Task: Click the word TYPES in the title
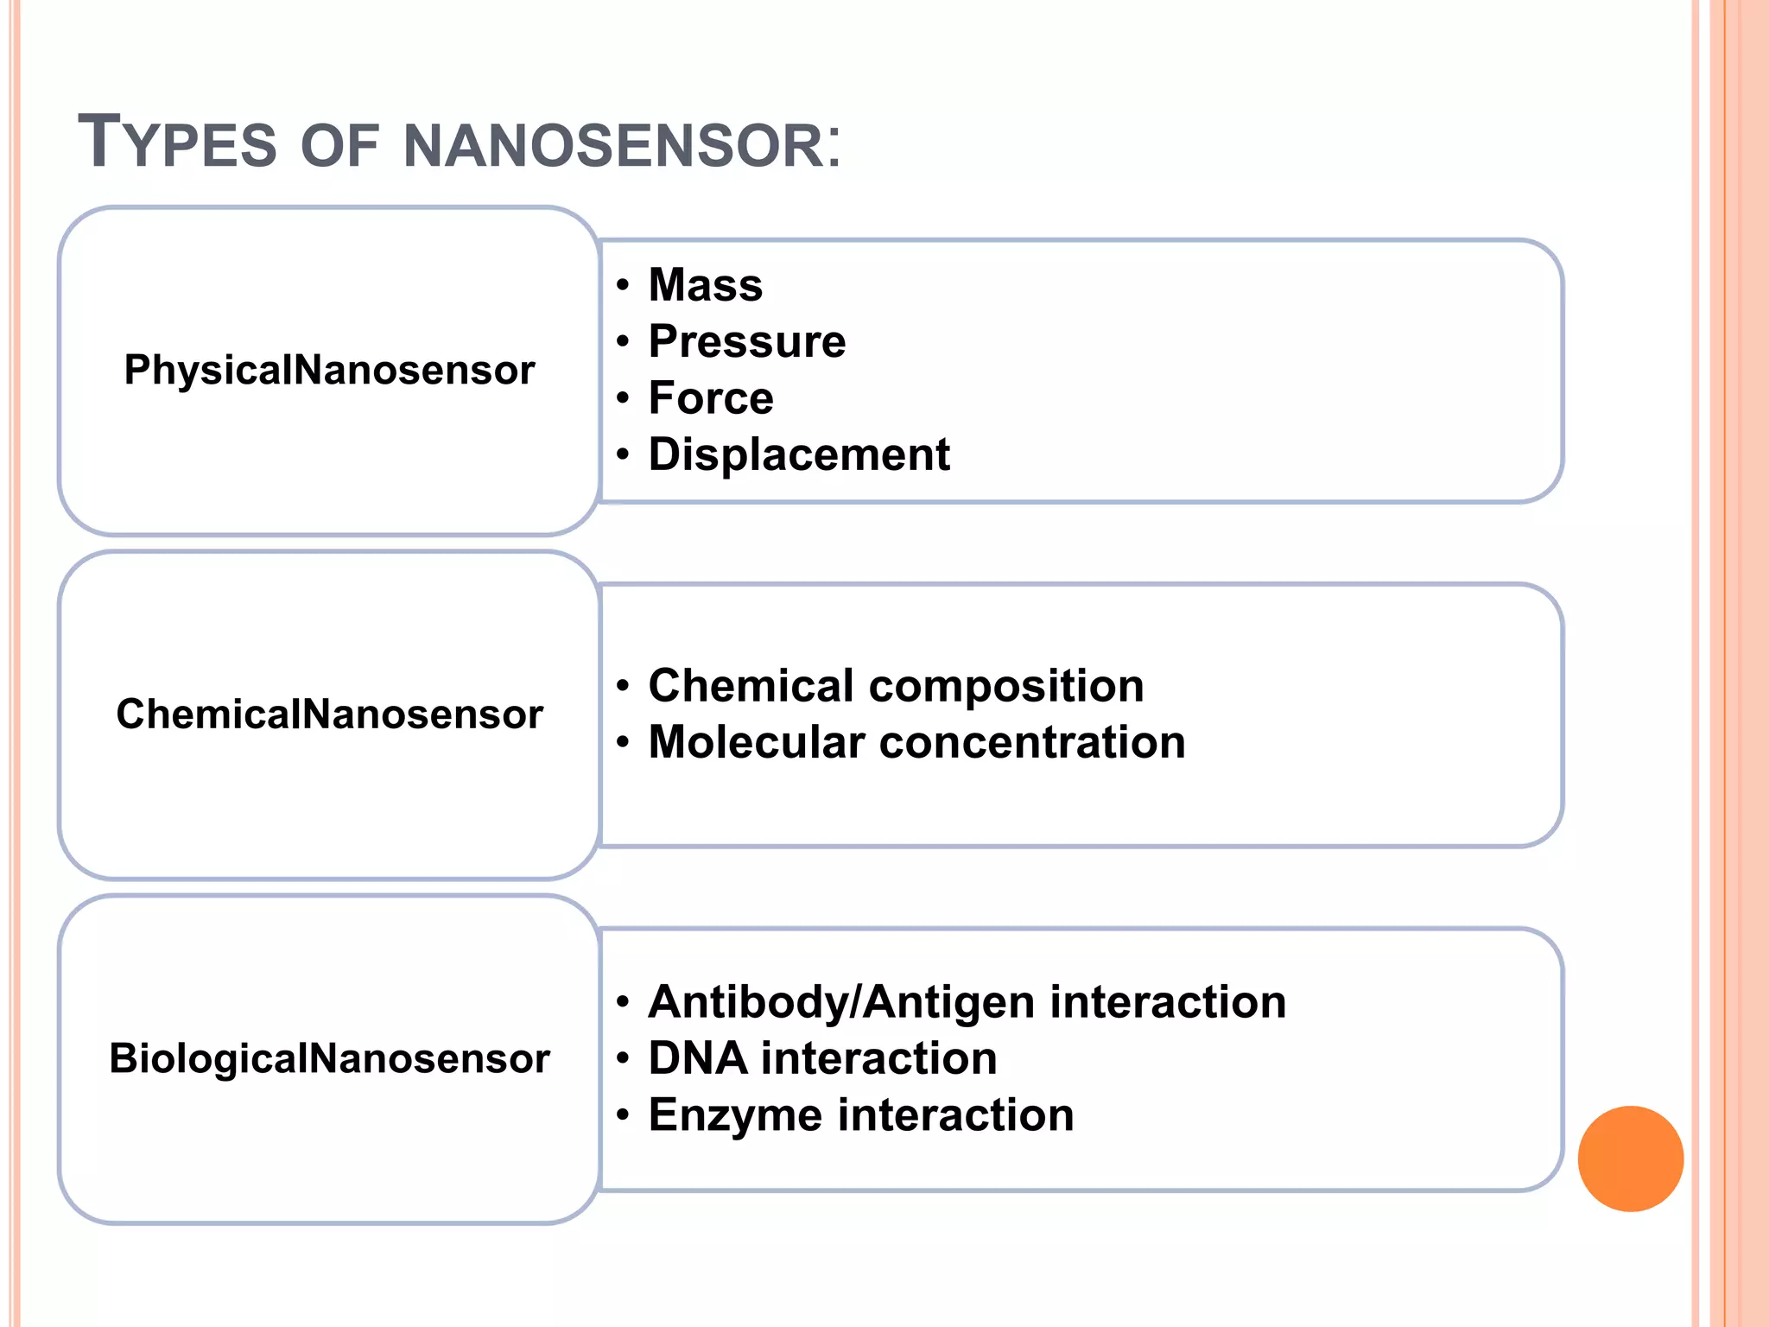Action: [177, 143]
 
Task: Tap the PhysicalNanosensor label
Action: [329, 370]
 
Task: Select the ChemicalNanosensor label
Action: [329, 714]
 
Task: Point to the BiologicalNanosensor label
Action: [329, 1058]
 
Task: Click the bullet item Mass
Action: [706, 285]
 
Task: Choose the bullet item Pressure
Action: [747, 341]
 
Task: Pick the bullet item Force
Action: [711, 398]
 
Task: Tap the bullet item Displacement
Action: [799, 454]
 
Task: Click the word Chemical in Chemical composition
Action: [751, 686]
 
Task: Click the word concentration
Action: [1032, 743]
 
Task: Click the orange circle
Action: [1630, 1159]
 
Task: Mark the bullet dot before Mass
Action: [623, 285]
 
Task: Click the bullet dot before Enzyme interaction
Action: [623, 1115]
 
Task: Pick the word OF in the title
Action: [339, 145]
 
